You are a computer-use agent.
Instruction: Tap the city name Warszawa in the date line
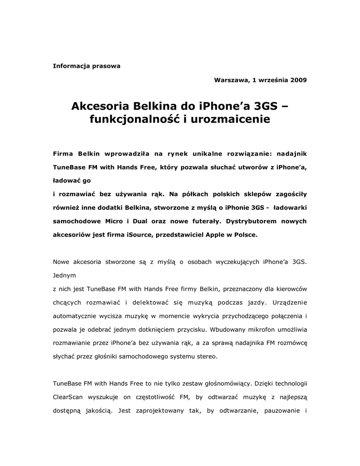tap(231, 80)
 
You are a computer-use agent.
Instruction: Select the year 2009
tap(298, 80)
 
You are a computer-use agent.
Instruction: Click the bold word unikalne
tap(197, 153)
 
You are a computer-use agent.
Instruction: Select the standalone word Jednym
tap(65, 275)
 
